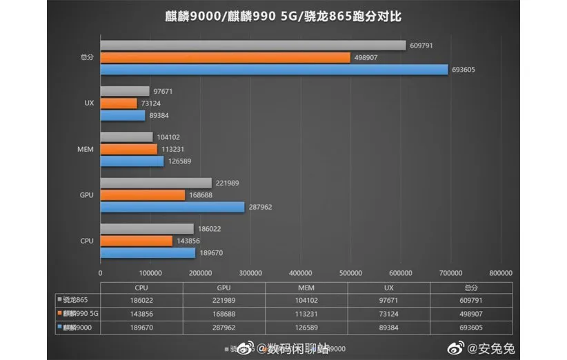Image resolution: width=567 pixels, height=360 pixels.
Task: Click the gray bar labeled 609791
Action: point(252,46)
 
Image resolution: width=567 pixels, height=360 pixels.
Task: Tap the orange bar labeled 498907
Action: point(226,57)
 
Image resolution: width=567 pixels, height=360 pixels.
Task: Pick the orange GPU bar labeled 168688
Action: point(143,195)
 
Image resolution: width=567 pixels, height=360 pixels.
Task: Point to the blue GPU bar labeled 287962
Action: point(172,207)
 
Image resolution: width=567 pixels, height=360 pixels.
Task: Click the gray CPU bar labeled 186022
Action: point(147,229)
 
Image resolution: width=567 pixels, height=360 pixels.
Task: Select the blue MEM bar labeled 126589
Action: point(132,161)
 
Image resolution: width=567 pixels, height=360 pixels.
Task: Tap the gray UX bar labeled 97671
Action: point(125,91)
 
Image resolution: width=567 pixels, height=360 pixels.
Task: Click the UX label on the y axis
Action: point(88,103)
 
